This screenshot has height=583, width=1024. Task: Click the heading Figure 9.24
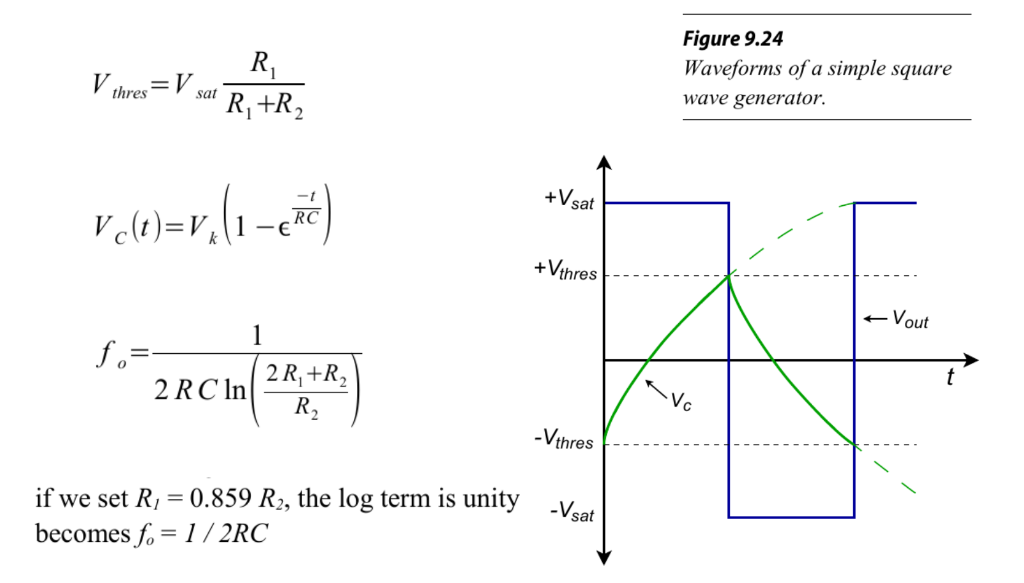pyautogui.click(x=732, y=39)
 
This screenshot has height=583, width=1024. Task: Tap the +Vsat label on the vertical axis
pyautogui.click(x=569, y=199)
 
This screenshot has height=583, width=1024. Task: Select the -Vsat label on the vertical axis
pyautogui.click(x=572, y=511)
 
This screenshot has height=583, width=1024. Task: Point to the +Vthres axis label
pyautogui.click(x=565, y=270)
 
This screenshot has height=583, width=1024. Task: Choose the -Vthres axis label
pyautogui.click(x=564, y=439)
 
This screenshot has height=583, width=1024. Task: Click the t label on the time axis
pyautogui.click(x=950, y=376)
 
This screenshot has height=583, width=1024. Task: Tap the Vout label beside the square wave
pyautogui.click(x=910, y=319)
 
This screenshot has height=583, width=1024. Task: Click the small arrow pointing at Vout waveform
pyautogui.click(x=875, y=318)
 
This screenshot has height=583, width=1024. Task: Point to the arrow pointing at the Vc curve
pyautogui.click(x=656, y=389)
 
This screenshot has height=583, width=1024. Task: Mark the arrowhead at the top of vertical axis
pyautogui.click(x=604, y=162)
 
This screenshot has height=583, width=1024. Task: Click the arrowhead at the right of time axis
pyautogui.click(x=971, y=360)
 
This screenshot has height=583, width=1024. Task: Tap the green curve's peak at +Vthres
pyautogui.click(x=729, y=276)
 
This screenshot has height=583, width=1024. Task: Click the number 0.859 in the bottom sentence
pyautogui.click(x=220, y=498)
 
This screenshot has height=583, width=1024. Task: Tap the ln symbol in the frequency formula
pyautogui.click(x=235, y=390)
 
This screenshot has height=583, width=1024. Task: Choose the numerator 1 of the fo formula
pyautogui.click(x=257, y=335)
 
